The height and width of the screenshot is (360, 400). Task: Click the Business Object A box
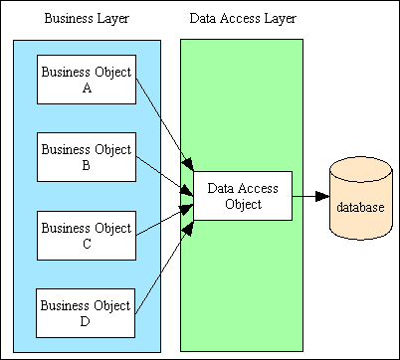85,81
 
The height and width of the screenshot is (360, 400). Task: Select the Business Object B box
85,158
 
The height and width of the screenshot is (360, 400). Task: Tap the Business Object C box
85,236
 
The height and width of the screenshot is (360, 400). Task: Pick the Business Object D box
85,313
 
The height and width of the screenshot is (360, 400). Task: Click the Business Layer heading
85,20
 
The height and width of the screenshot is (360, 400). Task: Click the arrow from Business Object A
159,117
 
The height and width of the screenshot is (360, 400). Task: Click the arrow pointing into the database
308,197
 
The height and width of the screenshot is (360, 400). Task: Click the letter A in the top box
86,89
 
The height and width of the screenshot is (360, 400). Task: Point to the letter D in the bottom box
86,321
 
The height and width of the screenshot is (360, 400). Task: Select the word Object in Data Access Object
242,205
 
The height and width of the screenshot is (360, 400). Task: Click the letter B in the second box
86,166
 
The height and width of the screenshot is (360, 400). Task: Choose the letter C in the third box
86,244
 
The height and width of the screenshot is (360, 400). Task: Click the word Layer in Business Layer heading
111,20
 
